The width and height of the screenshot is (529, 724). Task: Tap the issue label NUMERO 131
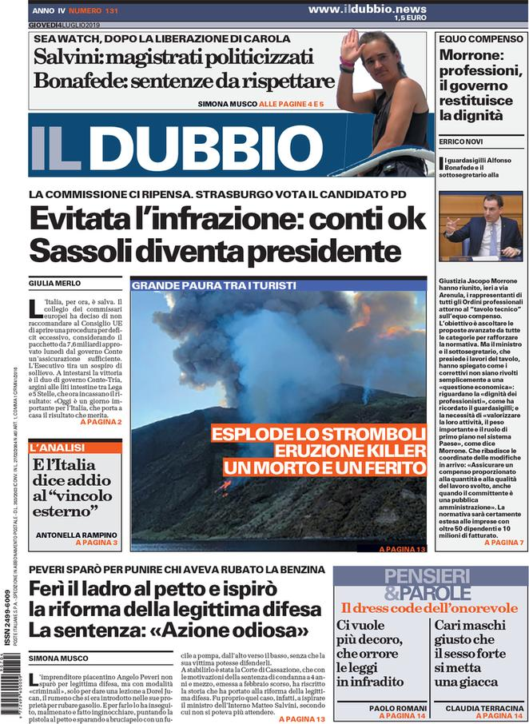[x=93, y=11]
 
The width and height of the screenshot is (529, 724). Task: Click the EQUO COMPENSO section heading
[x=479, y=38]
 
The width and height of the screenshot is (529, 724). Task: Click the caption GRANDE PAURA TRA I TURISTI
[x=213, y=285]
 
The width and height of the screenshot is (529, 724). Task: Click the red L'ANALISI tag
[x=57, y=448]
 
